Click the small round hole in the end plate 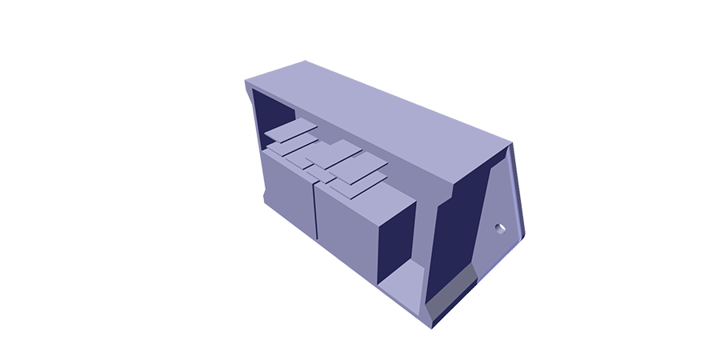502,228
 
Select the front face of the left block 285,192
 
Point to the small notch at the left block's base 263,196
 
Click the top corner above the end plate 510,145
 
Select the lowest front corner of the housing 432,326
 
